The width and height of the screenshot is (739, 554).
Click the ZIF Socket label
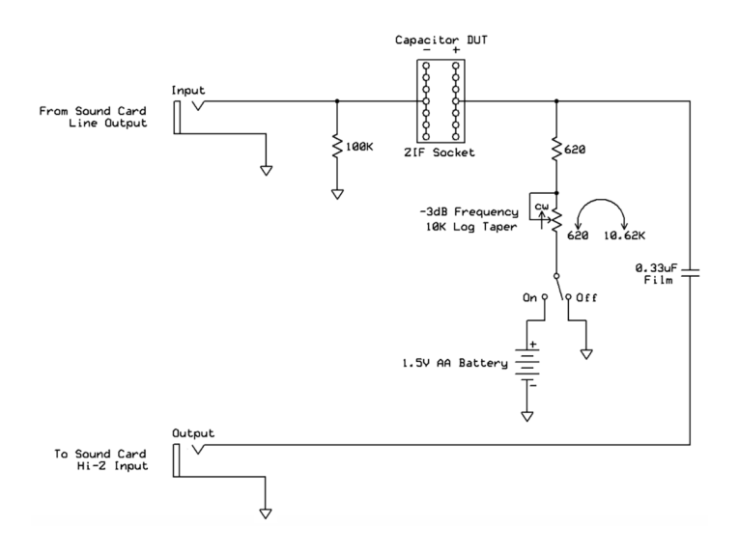coord(440,152)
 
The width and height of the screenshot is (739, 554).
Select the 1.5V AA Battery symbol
coord(527,366)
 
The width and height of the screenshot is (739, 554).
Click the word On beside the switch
coord(529,298)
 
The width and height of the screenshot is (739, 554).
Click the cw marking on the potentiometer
coord(542,207)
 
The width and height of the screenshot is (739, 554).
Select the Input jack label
coord(187,90)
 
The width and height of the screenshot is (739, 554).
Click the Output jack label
coord(192,433)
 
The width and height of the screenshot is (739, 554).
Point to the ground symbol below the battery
coord(527,416)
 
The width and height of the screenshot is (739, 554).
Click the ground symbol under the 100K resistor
coord(336,194)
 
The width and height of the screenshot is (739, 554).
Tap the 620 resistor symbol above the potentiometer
coord(557,149)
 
